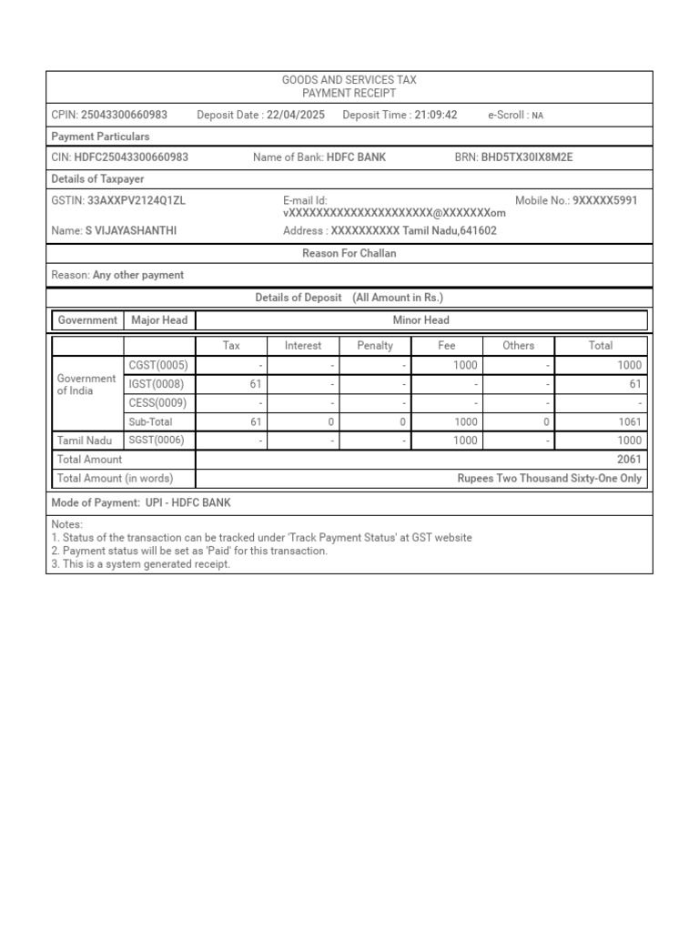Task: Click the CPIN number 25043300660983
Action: click(124, 115)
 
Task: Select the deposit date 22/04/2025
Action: click(296, 115)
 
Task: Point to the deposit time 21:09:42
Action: click(435, 115)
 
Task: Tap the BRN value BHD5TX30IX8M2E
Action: click(527, 157)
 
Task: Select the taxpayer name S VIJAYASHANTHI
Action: click(131, 231)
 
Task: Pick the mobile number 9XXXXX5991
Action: click(605, 200)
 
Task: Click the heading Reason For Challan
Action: click(349, 254)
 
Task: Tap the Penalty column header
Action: click(375, 346)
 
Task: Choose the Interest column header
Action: click(303, 346)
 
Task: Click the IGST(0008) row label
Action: click(156, 384)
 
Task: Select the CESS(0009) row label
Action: click(157, 403)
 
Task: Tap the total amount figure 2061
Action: click(629, 460)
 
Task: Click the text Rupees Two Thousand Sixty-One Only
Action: click(549, 479)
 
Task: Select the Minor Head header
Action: click(421, 320)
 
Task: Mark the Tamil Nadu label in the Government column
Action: click(85, 441)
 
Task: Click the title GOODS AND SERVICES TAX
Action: click(349, 81)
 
